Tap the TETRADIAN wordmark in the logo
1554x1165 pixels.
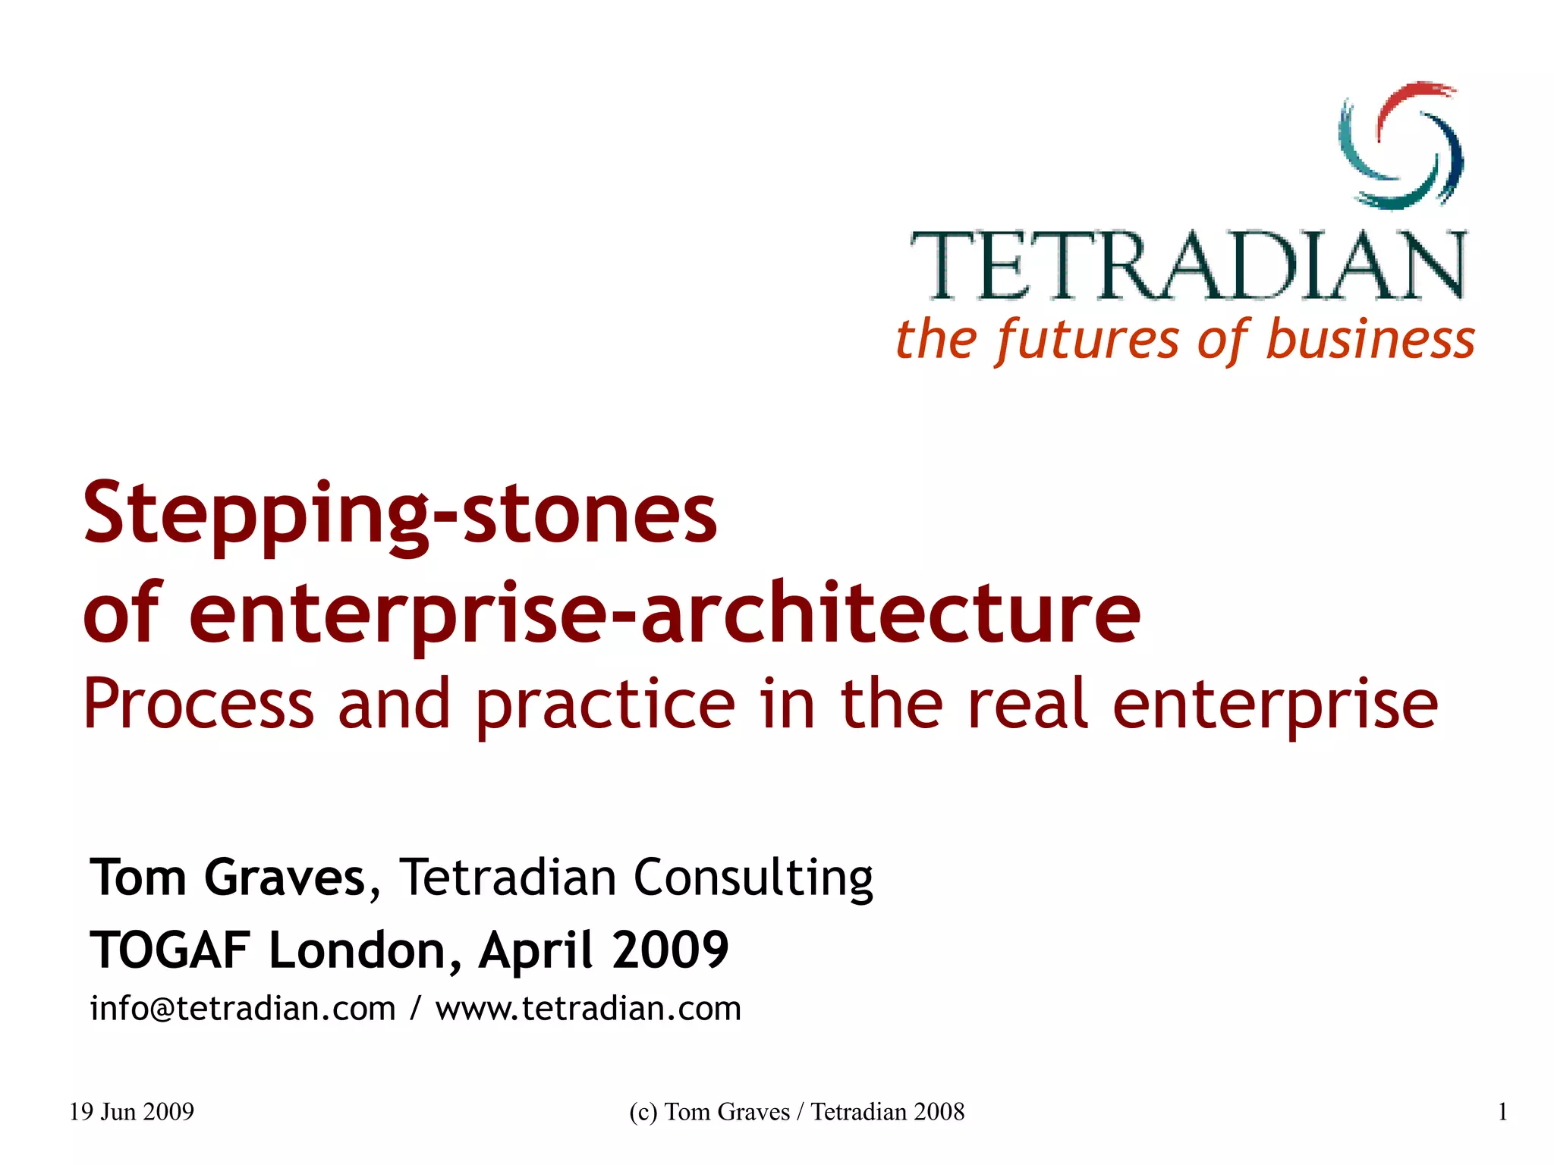click(1188, 265)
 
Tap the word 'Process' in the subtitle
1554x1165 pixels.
click(198, 704)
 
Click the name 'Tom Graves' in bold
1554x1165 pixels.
click(228, 878)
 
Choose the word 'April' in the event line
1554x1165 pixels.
click(535, 950)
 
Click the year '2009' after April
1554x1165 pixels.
click(670, 950)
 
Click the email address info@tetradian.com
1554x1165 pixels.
click(243, 1009)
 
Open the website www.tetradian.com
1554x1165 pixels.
click(588, 1009)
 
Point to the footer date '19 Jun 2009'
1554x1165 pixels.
click(131, 1112)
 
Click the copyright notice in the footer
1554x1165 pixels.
click(797, 1112)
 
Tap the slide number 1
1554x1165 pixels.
click(1502, 1112)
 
